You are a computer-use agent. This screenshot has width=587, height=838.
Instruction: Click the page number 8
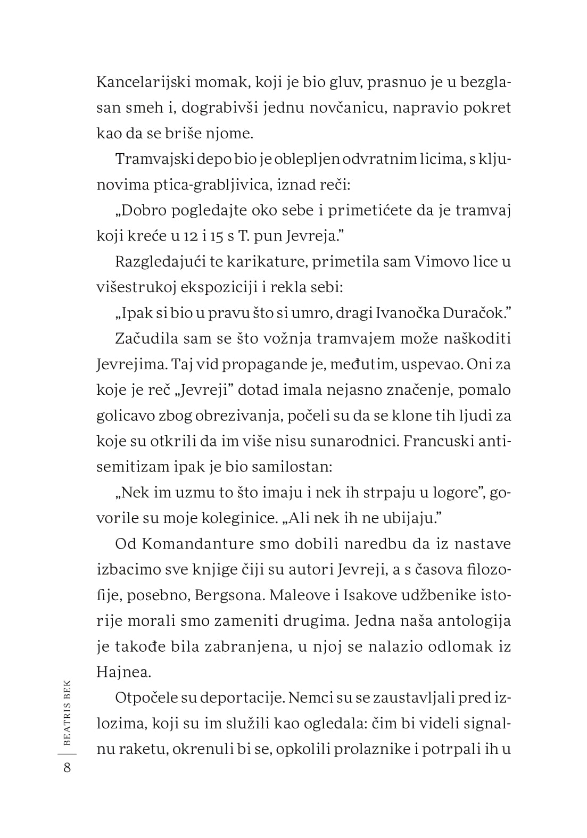[x=67, y=768]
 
